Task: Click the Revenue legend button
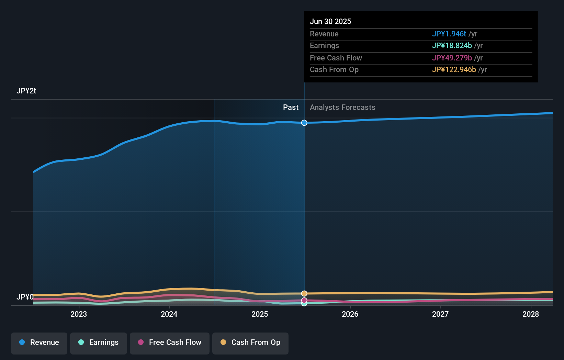point(39,342)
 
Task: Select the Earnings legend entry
point(99,342)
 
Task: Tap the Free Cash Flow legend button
point(170,342)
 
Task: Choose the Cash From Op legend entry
point(250,342)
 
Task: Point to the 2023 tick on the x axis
point(79,314)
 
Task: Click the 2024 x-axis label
point(169,314)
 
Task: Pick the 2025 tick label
point(260,314)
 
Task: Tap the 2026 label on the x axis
point(350,314)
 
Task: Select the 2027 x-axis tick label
point(440,314)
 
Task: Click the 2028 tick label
point(531,314)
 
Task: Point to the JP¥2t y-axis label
point(26,91)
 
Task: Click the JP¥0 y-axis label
point(25,297)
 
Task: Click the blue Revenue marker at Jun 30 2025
point(304,123)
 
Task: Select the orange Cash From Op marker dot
point(304,293)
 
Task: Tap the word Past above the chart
point(291,108)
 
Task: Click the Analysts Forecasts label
point(342,108)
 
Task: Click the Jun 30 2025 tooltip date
point(330,21)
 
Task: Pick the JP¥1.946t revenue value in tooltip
point(449,34)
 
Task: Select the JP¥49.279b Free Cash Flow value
point(452,58)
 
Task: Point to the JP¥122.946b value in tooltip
point(454,70)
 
